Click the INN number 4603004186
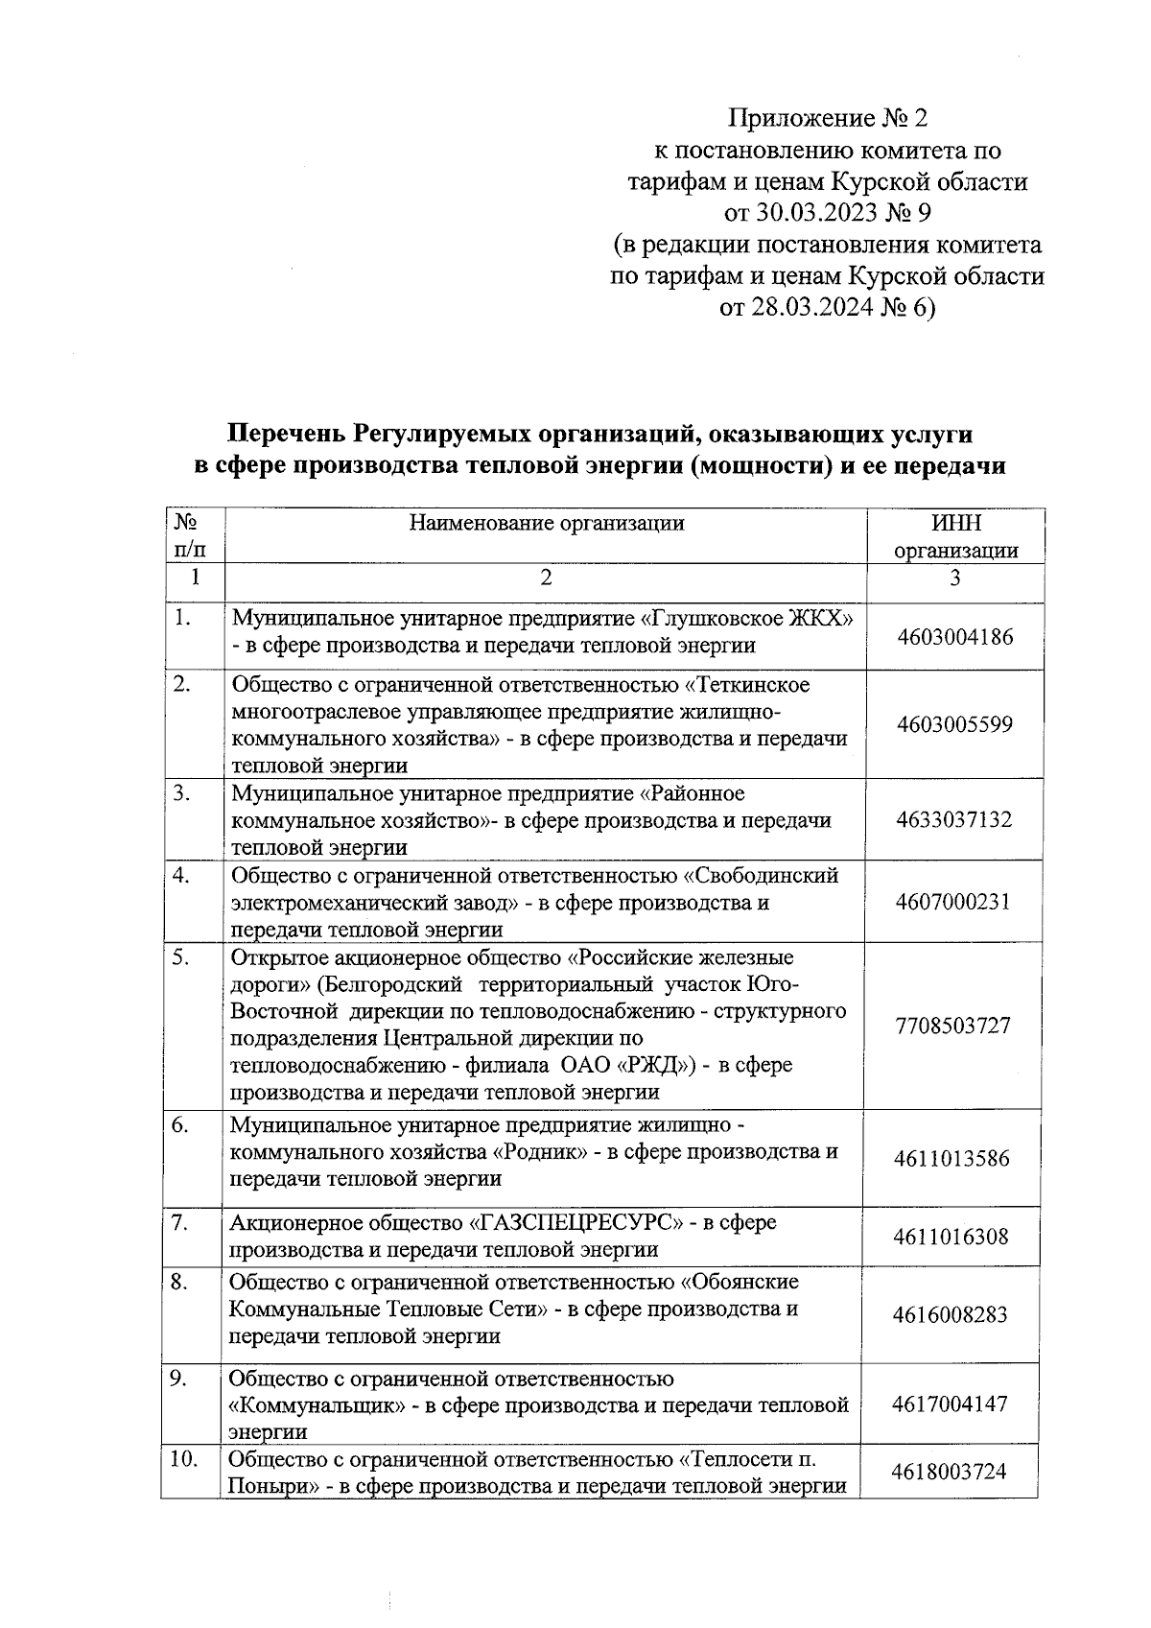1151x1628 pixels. tap(954, 636)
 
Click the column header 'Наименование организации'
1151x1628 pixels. tap(546, 523)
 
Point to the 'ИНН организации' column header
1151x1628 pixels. tap(955, 536)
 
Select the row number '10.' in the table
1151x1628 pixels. tap(183, 1459)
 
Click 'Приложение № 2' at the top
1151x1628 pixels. tap(829, 119)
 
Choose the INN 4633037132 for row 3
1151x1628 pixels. tap(953, 819)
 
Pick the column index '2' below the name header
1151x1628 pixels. tap(546, 578)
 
